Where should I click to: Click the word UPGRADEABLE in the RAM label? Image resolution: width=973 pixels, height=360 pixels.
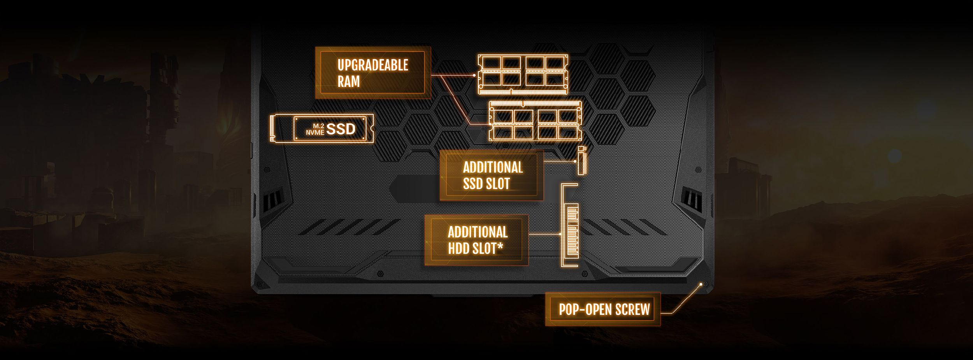click(x=372, y=65)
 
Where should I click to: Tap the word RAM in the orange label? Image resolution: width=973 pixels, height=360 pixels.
click(x=348, y=82)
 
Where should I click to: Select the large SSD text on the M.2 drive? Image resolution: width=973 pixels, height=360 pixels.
click(x=341, y=129)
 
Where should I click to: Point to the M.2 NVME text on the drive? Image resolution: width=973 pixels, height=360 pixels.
click(x=315, y=129)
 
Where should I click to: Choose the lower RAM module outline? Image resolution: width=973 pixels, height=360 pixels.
click(x=535, y=121)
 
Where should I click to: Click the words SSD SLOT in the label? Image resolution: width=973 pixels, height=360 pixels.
click(x=486, y=184)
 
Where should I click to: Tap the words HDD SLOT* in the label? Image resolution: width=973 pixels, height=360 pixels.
click(x=475, y=248)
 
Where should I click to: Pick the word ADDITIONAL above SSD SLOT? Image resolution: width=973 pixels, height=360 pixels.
click(x=493, y=167)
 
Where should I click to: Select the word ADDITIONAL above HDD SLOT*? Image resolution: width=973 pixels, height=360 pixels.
click(x=478, y=232)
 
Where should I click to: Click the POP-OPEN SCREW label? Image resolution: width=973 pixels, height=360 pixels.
click(x=604, y=309)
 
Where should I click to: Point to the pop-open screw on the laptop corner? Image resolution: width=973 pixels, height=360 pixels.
click(x=701, y=284)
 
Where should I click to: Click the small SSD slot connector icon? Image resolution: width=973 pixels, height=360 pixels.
click(x=581, y=161)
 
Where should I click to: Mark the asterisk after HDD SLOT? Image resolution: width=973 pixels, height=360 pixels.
click(x=500, y=246)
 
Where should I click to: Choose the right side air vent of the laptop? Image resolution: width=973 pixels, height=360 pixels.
click(x=692, y=198)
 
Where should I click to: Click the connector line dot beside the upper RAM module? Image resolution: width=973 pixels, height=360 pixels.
click(x=474, y=75)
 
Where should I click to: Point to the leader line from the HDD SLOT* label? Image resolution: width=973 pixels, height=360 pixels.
click(x=544, y=235)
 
